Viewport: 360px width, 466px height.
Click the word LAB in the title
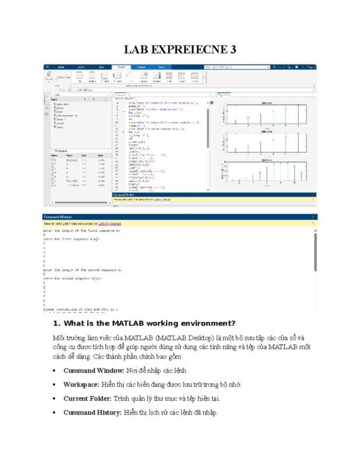(x=138, y=49)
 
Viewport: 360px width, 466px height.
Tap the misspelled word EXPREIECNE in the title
(x=191, y=49)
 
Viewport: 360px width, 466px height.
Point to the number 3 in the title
(x=232, y=49)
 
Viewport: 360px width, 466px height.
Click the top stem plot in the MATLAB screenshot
(x=267, y=115)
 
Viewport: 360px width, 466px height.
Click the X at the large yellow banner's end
(x=313, y=223)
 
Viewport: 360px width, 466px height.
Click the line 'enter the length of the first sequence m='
(x=82, y=231)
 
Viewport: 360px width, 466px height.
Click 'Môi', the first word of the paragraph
(x=59, y=338)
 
